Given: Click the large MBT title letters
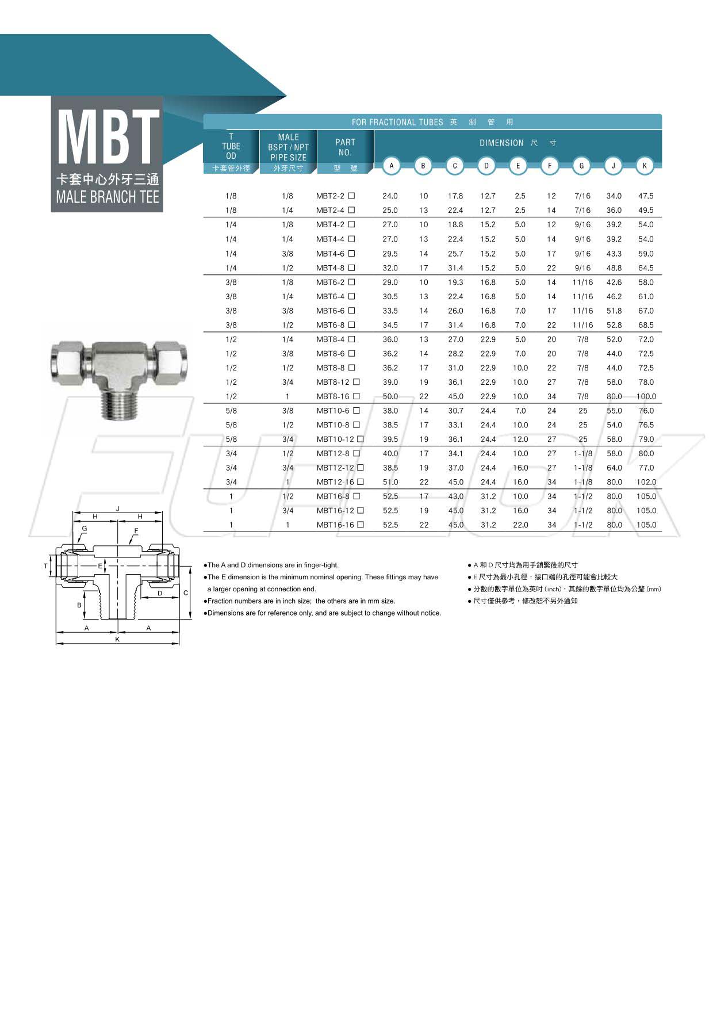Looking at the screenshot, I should click(x=108, y=136).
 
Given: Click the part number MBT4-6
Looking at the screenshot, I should click(x=330, y=254).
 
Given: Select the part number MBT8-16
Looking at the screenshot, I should click(x=333, y=396).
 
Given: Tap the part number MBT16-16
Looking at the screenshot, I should click(x=335, y=525).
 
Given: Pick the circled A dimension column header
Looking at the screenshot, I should click(x=392, y=166).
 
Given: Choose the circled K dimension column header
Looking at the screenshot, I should click(x=645, y=166).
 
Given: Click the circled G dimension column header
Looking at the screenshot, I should click(x=581, y=166).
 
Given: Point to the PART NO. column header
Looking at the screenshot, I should click(x=345, y=147).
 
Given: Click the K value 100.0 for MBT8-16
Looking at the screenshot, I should click(x=646, y=396).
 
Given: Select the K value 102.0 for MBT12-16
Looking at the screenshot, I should click(x=646, y=482).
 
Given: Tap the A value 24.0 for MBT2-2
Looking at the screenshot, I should click(x=390, y=196).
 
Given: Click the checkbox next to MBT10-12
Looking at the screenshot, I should click(x=361, y=439).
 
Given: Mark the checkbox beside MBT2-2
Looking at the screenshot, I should click(x=351, y=196).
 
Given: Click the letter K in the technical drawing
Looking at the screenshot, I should click(x=117, y=639).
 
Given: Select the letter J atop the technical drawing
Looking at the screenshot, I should click(x=117, y=509).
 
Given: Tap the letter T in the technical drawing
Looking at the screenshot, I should click(x=46, y=566).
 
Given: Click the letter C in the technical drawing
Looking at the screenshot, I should click(x=186, y=593).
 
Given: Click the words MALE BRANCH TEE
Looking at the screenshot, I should click(x=108, y=197).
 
